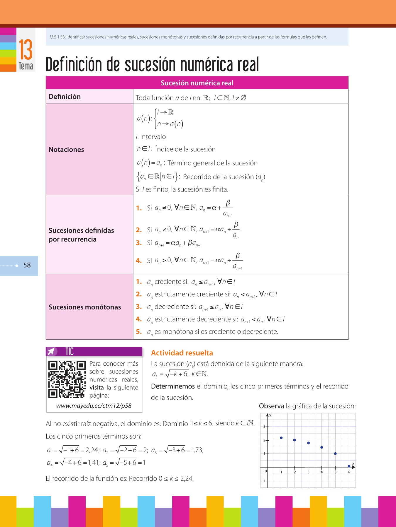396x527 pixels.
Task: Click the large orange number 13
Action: click(x=26, y=50)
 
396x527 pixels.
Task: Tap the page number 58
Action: click(x=27, y=265)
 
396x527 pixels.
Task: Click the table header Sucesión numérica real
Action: click(x=197, y=83)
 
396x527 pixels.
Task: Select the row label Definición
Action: click(x=65, y=97)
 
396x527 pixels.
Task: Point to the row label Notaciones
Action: click(x=66, y=150)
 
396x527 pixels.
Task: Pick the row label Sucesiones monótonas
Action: click(x=85, y=307)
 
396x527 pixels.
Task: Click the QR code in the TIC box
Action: click(x=67, y=379)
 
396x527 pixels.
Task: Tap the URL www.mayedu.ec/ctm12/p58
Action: click(x=94, y=406)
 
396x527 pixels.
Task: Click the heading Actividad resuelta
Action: click(x=182, y=353)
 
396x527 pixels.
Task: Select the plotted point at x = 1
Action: click(x=281, y=438)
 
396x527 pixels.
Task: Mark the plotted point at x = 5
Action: click(x=335, y=454)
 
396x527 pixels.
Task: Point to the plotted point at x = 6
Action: click(x=349, y=466)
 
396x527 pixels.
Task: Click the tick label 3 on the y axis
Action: click(x=264, y=427)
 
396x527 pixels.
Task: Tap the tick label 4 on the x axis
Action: click(x=321, y=472)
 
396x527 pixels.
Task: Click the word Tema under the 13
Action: click(x=26, y=66)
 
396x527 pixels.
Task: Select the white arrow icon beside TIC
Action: click(x=52, y=351)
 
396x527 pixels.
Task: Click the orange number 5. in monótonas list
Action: click(x=139, y=332)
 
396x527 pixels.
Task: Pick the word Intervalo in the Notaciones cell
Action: click(x=153, y=137)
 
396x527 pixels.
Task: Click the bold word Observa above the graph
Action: click(x=271, y=406)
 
